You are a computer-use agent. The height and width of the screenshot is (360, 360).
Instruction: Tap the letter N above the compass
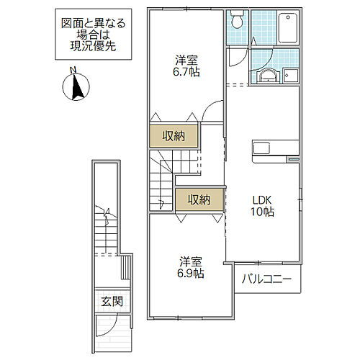pyautogui.click(x=72, y=70)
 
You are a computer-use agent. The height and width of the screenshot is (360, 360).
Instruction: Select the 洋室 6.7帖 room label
pyautogui.click(x=186, y=66)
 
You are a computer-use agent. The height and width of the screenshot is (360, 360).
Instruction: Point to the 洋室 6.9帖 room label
pyautogui.click(x=186, y=267)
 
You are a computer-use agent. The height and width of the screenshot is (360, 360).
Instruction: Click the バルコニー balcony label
pyautogui.click(x=266, y=279)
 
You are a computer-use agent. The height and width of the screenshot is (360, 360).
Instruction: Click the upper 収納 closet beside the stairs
pyautogui.click(x=173, y=135)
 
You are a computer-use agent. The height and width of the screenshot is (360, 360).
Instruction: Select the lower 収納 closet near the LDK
pyautogui.click(x=199, y=198)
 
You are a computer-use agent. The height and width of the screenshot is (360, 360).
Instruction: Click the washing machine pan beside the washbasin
pyautogui.click(x=291, y=74)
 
